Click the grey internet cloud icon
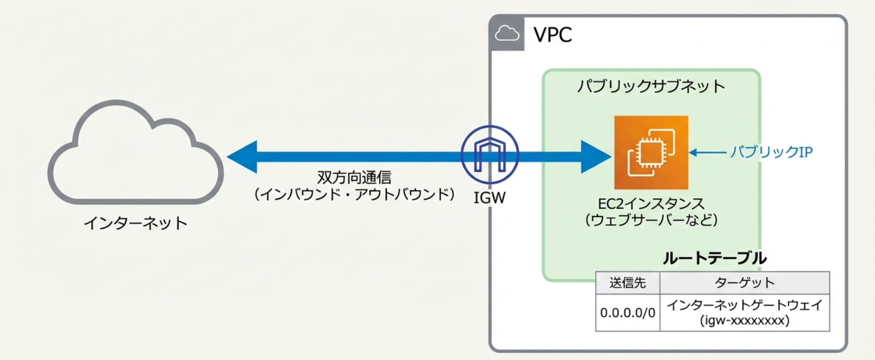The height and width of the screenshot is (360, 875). click(135, 155)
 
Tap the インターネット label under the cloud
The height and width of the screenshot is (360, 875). click(135, 223)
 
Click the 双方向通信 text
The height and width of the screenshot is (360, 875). click(354, 177)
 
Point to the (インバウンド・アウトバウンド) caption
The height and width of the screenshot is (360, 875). click(354, 194)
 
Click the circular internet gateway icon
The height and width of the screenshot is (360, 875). click(490, 155)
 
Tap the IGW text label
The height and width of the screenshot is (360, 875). click(489, 198)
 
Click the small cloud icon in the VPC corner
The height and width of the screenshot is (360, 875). click(507, 34)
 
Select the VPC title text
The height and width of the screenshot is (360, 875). click(553, 35)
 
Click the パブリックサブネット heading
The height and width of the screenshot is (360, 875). click(651, 86)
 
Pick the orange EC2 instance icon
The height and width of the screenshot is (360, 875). click(651, 152)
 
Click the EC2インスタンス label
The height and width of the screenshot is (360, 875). click(651, 204)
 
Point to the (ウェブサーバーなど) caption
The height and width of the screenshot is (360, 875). click(651, 220)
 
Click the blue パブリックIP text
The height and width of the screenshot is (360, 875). click(771, 152)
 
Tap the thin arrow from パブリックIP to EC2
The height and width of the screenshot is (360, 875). click(707, 152)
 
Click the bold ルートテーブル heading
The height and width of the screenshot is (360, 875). click(714, 258)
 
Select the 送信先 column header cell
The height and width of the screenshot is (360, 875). click(627, 283)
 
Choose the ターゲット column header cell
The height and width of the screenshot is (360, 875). click(744, 283)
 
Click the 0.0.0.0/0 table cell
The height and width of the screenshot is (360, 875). click(627, 313)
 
